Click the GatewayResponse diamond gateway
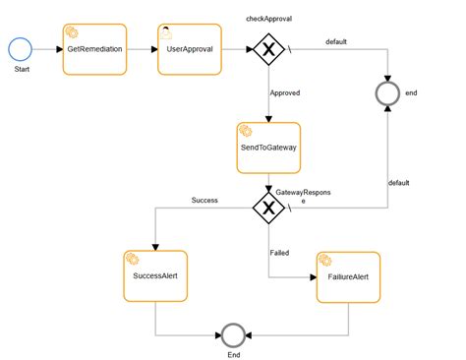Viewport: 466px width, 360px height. coord(268,207)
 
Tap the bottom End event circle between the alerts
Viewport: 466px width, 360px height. coord(233,333)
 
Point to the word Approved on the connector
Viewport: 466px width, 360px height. coord(284,92)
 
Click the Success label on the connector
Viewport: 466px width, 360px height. coord(204,200)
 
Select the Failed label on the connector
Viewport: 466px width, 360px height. coord(279,253)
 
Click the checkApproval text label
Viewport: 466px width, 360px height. coord(268,20)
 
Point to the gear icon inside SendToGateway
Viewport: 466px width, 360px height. coord(245,130)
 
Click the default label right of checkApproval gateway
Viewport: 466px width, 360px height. coord(337,41)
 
